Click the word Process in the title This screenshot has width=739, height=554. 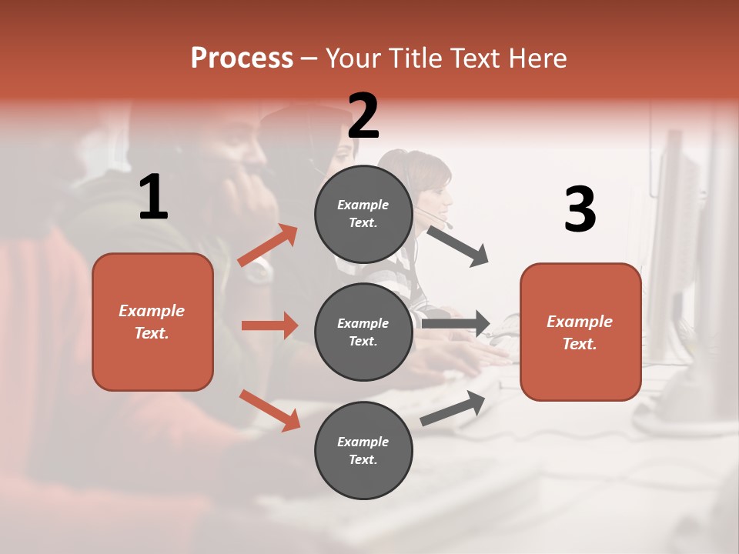click(x=242, y=58)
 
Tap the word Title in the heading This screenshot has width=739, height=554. click(x=414, y=58)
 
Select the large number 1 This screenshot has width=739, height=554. click(x=153, y=198)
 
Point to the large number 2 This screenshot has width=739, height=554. click(x=363, y=116)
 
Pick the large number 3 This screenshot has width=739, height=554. click(x=580, y=209)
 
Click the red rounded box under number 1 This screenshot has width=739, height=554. click(x=152, y=322)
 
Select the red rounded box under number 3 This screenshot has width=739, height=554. click(x=580, y=332)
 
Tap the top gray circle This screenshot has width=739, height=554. click(x=363, y=214)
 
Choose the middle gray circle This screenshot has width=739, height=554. click(x=363, y=332)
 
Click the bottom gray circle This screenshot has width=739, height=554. click(x=363, y=450)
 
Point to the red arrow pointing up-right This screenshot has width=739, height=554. click(x=268, y=245)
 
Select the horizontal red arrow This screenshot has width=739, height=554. click(x=269, y=325)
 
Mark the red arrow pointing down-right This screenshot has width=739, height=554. click(x=269, y=410)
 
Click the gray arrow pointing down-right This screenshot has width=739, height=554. click(x=457, y=246)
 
